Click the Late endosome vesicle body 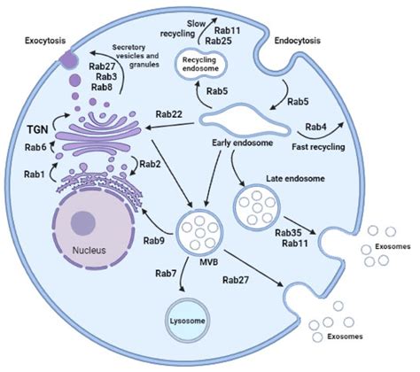click(259, 210)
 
